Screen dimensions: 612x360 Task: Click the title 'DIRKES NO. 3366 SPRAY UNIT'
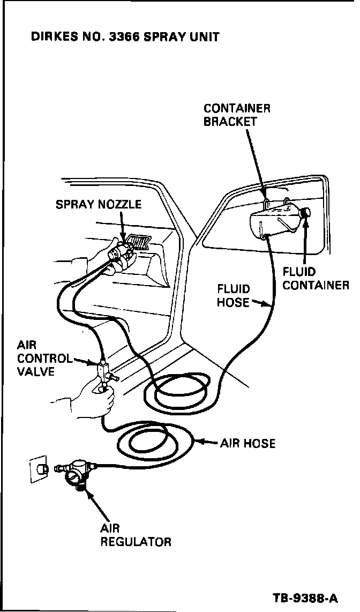pos(125,38)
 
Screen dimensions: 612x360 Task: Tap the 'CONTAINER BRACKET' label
pos(237,115)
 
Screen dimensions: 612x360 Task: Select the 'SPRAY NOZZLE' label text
pos(99,205)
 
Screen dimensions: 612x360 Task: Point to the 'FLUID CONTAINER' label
pos(316,279)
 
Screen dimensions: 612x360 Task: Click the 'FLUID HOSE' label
pos(233,296)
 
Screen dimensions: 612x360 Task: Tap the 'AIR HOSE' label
pos(247,443)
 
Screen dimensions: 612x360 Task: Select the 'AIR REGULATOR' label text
pos(136,535)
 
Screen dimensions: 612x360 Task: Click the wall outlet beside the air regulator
pos(37,468)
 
